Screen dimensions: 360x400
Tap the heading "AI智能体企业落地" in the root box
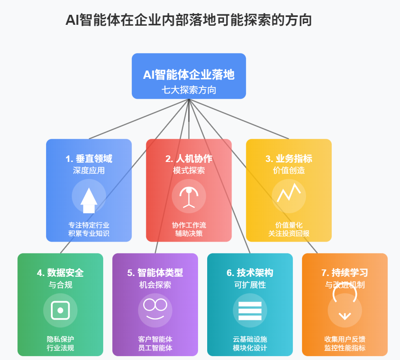click(x=188, y=74)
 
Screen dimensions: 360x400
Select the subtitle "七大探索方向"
click(x=188, y=90)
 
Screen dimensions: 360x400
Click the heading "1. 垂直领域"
click(x=89, y=159)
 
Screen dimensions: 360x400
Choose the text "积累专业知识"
click(x=89, y=234)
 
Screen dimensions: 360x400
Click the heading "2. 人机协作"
click(x=188, y=159)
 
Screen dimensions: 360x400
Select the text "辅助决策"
click(x=188, y=234)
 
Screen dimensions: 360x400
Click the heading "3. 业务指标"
click(x=289, y=159)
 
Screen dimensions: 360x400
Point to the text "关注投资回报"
click(x=289, y=234)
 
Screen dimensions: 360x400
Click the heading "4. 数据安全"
click(x=60, y=273)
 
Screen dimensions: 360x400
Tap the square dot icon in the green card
click(x=60, y=310)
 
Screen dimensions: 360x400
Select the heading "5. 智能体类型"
click(x=155, y=273)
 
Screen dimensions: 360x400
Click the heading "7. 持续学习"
click(x=345, y=273)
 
